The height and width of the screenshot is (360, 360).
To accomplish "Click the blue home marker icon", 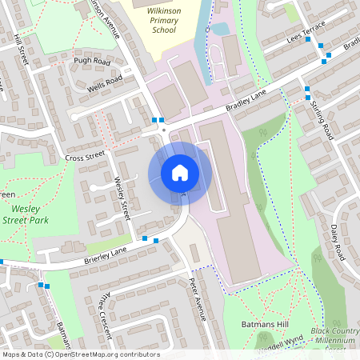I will tap(179, 172).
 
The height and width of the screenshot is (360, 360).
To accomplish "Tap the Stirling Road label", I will tap(322, 120).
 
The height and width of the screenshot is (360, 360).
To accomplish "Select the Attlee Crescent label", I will tap(100, 309).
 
